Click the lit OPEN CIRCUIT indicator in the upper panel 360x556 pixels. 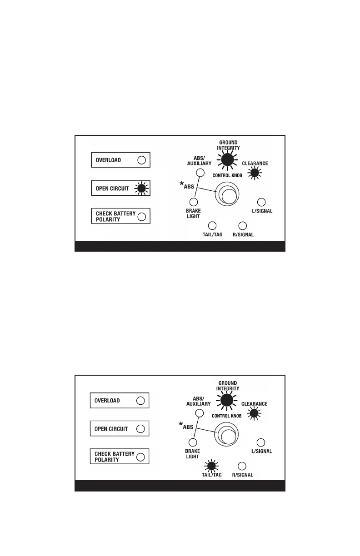coord(142,189)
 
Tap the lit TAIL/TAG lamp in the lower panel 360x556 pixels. coord(211,466)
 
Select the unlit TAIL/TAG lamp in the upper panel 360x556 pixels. coord(212,225)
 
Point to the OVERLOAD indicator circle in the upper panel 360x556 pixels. coord(142,160)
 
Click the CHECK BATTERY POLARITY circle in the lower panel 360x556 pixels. coord(141,457)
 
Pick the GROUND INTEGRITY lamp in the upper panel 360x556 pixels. coord(227,159)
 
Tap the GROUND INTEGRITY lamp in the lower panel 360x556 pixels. coord(227,400)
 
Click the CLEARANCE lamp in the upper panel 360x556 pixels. coord(255,173)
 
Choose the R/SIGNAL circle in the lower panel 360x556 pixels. coord(242,466)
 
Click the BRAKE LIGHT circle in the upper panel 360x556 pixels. coord(194,202)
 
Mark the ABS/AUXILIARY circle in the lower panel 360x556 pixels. coord(199,413)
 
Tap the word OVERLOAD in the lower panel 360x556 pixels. coord(107,401)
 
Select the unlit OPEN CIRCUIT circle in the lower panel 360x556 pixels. coord(141,428)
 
